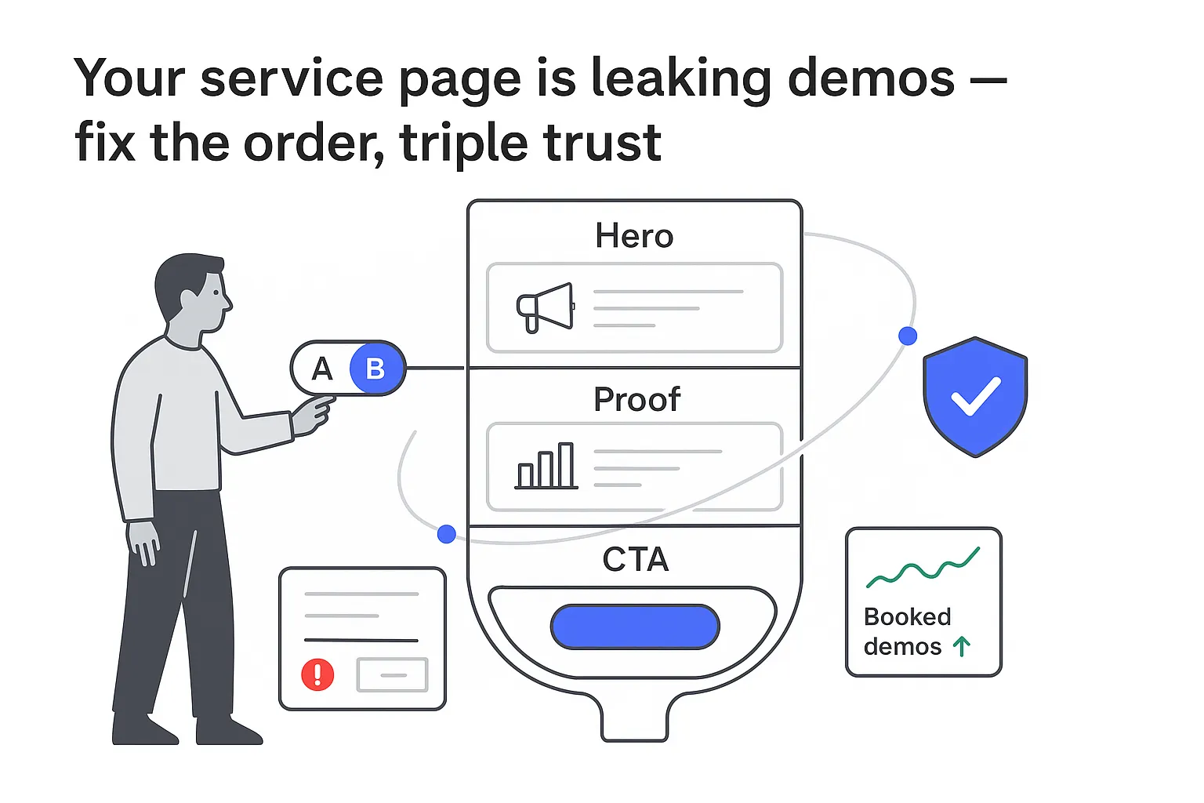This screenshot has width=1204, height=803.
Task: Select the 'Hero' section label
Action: click(x=634, y=236)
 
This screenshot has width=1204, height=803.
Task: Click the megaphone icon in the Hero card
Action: click(x=545, y=307)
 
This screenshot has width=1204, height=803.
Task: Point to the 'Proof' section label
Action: click(x=636, y=399)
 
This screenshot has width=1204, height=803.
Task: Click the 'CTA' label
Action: click(x=635, y=560)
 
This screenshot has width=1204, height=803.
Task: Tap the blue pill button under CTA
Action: click(x=635, y=627)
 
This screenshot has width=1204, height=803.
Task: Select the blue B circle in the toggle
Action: click(x=375, y=369)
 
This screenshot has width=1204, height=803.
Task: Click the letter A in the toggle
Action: click(x=322, y=369)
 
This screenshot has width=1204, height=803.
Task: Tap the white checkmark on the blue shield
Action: click(x=975, y=396)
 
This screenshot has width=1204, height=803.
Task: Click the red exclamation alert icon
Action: click(x=317, y=674)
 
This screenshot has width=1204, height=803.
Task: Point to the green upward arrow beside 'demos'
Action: click(x=962, y=647)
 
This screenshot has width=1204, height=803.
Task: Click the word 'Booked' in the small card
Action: click(x=907, y=617)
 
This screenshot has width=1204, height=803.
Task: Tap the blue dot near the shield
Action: click(x=908, y=336)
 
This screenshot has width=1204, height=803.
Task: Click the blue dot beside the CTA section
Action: click(x=447, y=534)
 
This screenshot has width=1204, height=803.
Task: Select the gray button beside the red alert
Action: click(x=392, y=674)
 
